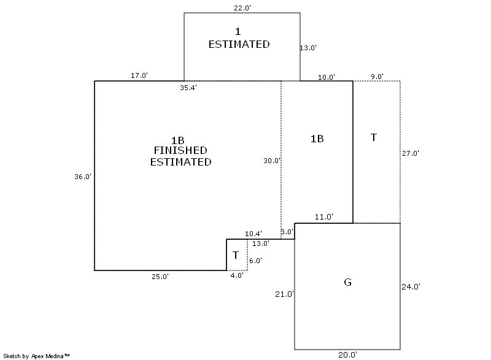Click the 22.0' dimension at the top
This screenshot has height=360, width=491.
242,8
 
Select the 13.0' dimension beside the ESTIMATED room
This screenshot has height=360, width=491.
308,48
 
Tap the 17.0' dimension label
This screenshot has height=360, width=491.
139,75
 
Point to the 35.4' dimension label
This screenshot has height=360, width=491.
188,88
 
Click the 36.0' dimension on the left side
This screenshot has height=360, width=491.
83,177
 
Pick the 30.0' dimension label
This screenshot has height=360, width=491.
272,161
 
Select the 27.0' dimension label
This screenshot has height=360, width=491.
411,153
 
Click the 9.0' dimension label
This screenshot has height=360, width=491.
377,77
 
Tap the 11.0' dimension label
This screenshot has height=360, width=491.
324,216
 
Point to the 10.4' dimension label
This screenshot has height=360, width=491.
253,234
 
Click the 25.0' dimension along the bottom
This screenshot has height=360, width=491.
160,277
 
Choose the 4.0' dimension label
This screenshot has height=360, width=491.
237,275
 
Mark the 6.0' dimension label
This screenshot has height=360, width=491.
255,261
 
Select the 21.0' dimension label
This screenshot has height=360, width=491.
284,294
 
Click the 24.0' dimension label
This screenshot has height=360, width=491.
411,286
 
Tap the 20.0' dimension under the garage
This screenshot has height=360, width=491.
347,355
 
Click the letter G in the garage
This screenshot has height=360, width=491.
347,282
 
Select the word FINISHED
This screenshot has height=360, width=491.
180,150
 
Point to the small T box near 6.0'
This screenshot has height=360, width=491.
237,255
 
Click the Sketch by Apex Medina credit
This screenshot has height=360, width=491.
36,356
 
